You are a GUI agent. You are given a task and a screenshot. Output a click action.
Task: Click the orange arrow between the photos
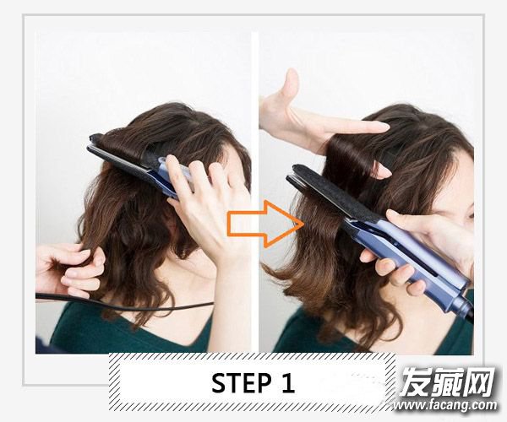point(266,224)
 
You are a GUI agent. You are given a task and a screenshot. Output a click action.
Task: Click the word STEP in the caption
point(242,383)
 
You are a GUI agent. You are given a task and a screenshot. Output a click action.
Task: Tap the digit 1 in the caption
point(287,383)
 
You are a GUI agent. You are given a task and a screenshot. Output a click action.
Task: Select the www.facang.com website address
point(445,404)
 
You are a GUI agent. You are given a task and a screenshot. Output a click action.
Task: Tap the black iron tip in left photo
point(95,138)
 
